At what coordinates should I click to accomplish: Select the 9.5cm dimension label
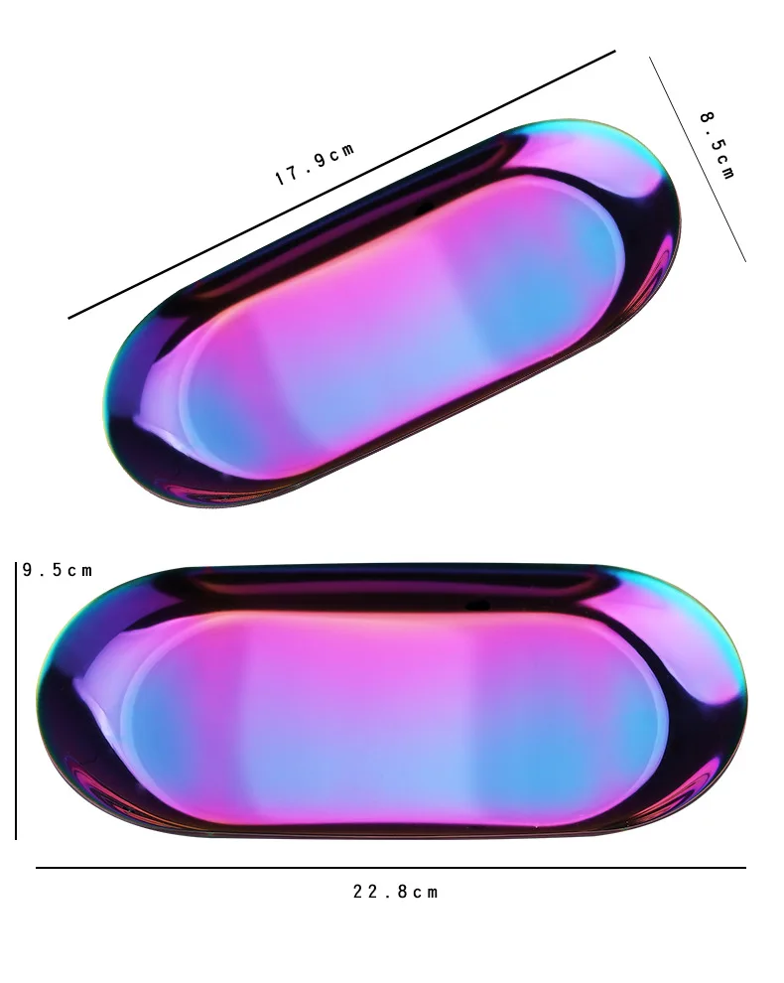[58, 570]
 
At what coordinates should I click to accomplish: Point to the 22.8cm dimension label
[395, 892]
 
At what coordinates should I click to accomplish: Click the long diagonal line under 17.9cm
[342, 185]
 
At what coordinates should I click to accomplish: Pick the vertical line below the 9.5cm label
[17, 705]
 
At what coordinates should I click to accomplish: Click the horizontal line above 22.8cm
[391, 868]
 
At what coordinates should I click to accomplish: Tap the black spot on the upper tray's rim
[425, 209]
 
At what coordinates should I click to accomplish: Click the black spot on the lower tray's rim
[478, 604]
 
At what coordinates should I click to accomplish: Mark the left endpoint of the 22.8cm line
[38, 868]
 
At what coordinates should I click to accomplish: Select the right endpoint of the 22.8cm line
[744, 868]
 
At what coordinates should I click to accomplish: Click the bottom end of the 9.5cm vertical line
[17, 837]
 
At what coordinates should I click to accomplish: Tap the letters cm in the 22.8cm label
[425, 892]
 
